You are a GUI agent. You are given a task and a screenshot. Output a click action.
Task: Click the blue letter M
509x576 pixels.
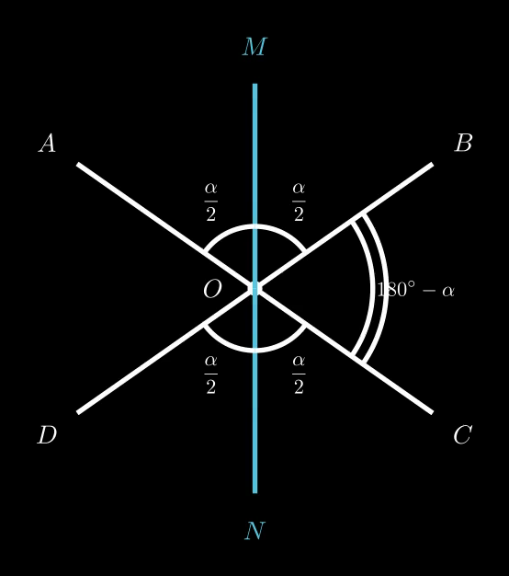(x=254, y=47)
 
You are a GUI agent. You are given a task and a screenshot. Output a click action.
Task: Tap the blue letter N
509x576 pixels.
(x=254, y=531)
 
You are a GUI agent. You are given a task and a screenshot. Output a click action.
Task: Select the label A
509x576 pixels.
(x=47, y=143)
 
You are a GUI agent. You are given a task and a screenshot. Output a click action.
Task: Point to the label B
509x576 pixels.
(x=464, y=143)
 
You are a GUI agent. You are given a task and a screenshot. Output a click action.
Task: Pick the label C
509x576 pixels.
(x=463, y=435)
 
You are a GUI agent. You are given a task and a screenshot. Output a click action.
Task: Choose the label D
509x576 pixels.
(x=47, y=435)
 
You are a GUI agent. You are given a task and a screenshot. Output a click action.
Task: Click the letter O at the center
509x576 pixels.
(x=212, y=289)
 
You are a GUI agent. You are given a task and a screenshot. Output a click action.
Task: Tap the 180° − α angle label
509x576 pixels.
(x=415, y=290)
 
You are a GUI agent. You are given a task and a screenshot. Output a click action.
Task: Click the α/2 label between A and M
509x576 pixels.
(x=211, y=202)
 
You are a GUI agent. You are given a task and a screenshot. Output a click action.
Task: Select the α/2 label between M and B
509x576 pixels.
(x=299, y=202)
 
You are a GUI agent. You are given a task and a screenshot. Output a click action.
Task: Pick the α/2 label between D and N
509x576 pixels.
(x=211, y=374)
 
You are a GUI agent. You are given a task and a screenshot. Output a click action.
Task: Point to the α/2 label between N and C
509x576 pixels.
(x=299, y=374)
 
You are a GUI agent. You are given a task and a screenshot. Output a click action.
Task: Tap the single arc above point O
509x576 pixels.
(x=254, y=226)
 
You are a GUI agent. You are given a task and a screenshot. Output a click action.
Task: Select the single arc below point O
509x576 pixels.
(x=254, y=351)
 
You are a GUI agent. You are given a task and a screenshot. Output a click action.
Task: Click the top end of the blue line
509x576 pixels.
(x=254, y=84)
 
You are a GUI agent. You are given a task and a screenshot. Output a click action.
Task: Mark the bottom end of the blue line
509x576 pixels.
(x=254, y=493)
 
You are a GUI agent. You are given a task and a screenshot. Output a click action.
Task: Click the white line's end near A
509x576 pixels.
(x=78, y=164)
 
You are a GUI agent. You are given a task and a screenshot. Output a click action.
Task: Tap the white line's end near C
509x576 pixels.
(x=433, y=412)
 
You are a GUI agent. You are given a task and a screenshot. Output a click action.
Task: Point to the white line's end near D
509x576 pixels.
(x=78, y=412)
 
